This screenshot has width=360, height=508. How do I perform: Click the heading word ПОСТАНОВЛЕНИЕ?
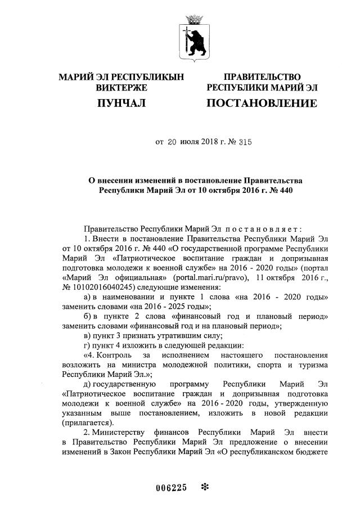coord(262,104)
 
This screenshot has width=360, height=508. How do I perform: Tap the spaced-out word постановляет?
coord(264,229)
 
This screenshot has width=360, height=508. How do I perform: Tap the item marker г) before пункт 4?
coord(87,345)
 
